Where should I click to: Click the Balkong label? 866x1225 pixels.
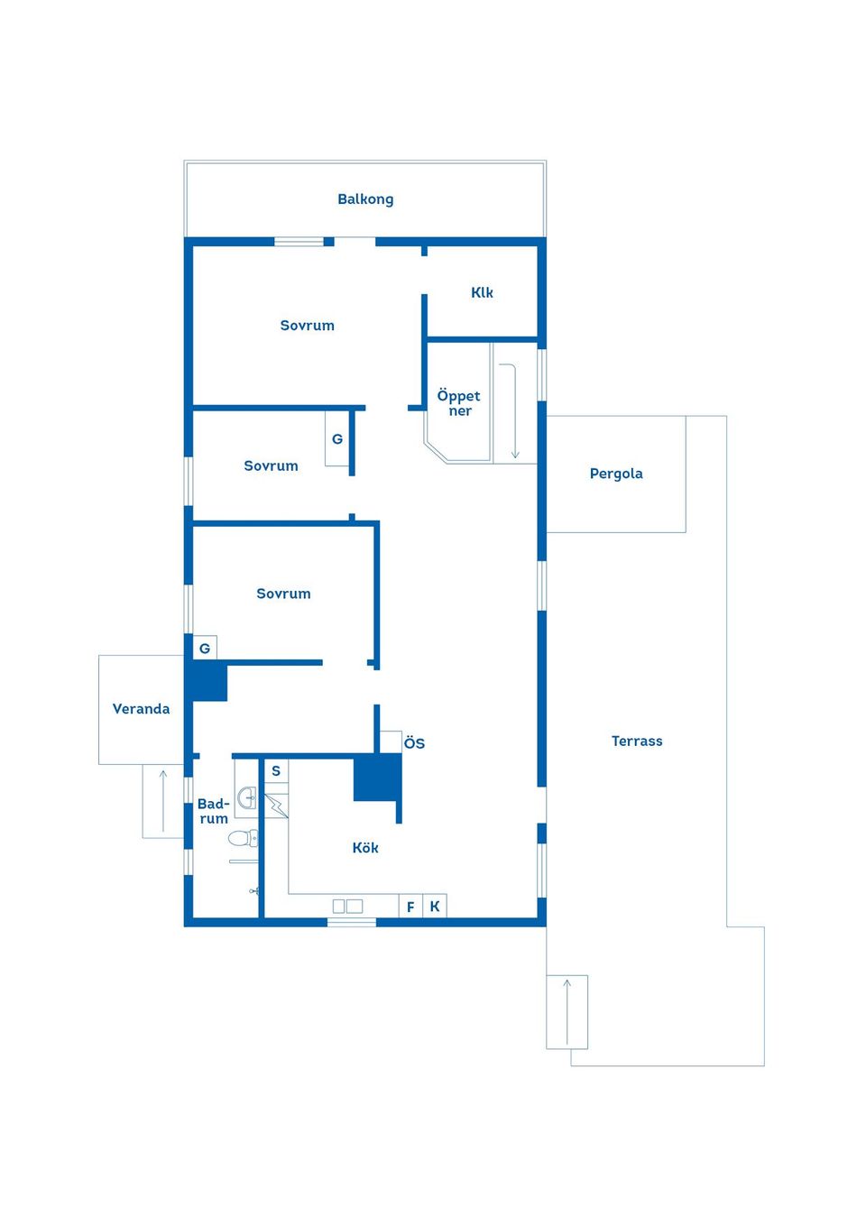(x=365, y=199)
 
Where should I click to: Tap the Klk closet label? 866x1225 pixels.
(x=482, y=292)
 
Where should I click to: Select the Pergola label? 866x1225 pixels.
(x=616, y=474)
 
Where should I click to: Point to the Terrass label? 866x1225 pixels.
(x=637, y=741)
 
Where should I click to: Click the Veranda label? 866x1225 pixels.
(x=141, y=709)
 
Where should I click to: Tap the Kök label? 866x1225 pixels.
(x=365, y=848)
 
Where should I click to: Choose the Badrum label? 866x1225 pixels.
(x=213, y=811)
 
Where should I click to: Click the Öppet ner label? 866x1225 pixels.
(x=458, y=403)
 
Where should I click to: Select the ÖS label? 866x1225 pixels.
(x=414, y=743)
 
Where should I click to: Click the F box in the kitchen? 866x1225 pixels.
(x=410, y=907)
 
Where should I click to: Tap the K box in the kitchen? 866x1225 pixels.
(x=435, y=907)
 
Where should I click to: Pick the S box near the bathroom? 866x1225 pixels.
(x=276, y=771)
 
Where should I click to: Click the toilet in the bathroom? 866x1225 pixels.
(x=244, y=838)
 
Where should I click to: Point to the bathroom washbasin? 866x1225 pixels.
(x=246, y=798)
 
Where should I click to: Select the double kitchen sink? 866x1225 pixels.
(x=347, y=907)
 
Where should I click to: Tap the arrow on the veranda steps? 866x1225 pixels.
(x=163, y=801)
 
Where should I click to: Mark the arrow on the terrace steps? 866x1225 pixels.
(x=567, y=1012)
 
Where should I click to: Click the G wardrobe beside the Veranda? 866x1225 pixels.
(x=205, y=648)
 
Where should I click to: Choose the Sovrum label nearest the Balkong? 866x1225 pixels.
(x=308, y=326)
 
